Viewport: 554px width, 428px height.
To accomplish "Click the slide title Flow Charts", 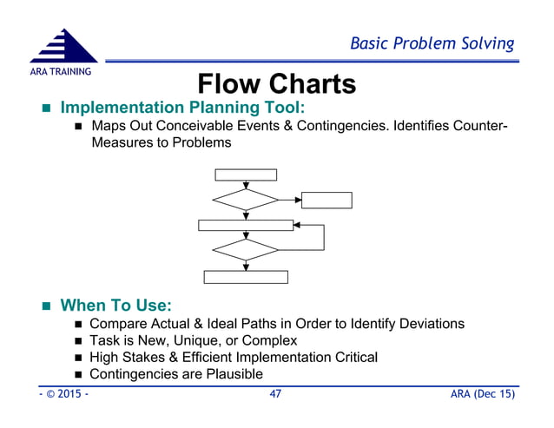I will (276, 84).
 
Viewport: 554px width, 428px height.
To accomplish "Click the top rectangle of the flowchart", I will (246, 174).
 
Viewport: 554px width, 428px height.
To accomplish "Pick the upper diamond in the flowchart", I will (246, 199).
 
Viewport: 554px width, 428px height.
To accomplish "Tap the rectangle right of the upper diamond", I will (326, 200).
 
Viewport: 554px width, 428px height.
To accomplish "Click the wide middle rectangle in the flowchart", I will (246, 225).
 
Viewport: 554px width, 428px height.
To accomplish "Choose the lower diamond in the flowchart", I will (246, 250).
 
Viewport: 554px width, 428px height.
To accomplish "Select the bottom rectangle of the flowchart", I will (246, 277).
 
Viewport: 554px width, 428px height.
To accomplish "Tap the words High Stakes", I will (130, 357).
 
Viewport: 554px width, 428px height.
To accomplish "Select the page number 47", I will (277, 395).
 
